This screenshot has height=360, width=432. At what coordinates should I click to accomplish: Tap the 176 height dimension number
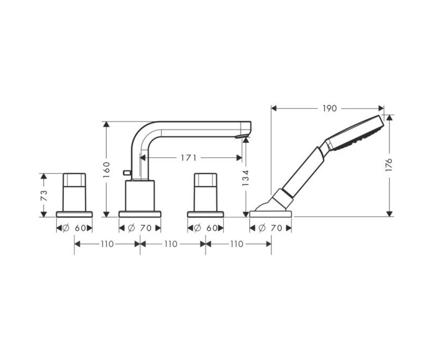(389, 165)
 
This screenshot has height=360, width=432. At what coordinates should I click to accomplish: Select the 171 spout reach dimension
(189, 158)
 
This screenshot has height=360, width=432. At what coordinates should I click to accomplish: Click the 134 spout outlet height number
(246, 178)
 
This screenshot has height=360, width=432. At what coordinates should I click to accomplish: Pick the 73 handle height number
(44, 195)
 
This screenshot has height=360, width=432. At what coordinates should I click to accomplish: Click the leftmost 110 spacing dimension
(107, 244)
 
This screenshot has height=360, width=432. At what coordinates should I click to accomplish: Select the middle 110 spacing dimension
(171, 244)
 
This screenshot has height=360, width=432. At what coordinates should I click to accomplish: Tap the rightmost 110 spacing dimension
(237, 244)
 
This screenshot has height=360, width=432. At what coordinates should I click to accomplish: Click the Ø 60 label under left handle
(74, 228)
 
